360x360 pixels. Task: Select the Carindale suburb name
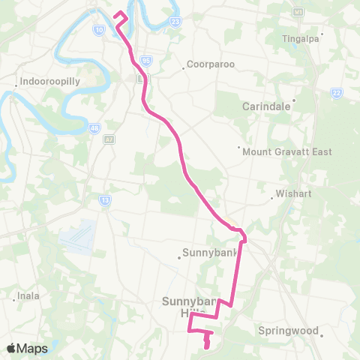click(266, 106)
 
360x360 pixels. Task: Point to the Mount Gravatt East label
click(287, 151)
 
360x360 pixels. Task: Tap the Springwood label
click(289, 330)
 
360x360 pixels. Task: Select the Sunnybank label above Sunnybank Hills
click(208, 251)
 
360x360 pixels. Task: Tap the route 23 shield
click(175, 22)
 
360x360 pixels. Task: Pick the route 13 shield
click(104, 199)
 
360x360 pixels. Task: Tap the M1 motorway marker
click(298, 13)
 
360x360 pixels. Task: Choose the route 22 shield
click(337, 92)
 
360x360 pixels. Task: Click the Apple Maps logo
click(27, 348)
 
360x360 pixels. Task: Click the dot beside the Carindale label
click(294, 100)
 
